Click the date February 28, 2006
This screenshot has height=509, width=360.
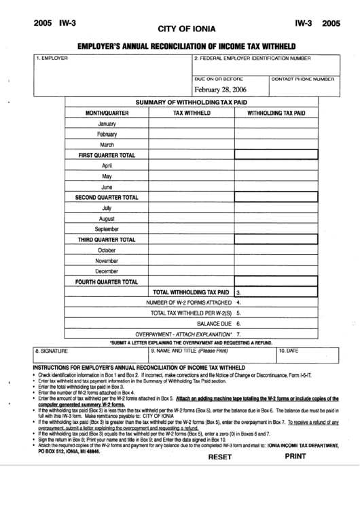(220, 90)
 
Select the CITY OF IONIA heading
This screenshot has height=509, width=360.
(186, 29)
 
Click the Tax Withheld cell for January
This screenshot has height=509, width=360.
(192, 124)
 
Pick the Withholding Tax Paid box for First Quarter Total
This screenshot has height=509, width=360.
(276, 155)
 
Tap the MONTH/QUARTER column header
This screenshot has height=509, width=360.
(107, 113)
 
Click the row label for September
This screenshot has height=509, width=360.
(107, 229)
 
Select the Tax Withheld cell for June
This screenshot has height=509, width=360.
(192, 187)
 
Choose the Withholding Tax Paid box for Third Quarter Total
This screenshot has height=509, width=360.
(276, 240)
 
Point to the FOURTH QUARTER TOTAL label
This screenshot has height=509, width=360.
(107, 281)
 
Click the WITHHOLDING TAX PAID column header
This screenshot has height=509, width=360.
(276, 113)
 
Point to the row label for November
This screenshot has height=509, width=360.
(107, 260)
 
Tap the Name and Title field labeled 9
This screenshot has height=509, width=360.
(211, 358)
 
